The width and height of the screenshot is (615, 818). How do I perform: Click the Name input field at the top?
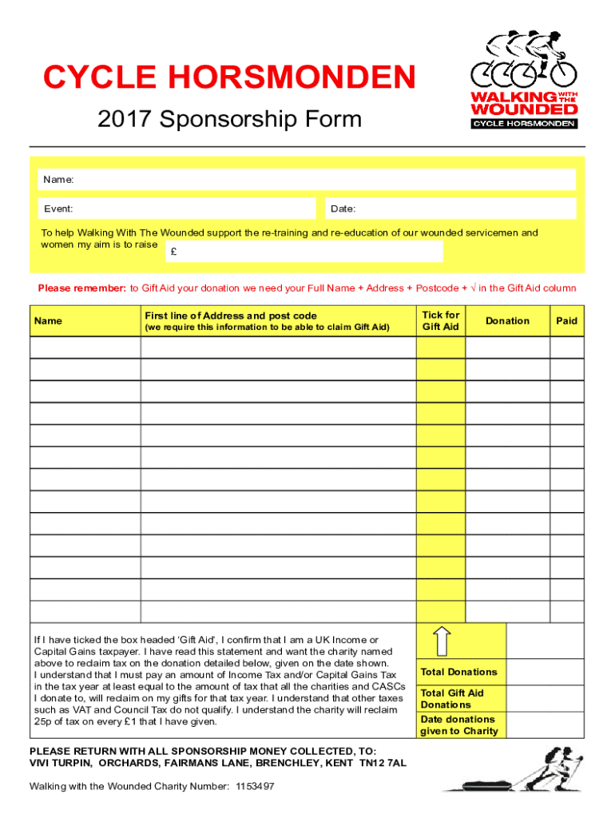(x=319, y=181)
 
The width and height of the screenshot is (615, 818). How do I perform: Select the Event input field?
(x=179, y=208)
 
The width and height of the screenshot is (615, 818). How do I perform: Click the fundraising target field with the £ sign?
(x=304, y=252)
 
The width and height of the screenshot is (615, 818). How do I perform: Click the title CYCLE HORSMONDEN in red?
(x=229, y=78)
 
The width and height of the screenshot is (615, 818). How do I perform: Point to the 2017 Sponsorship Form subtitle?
(x=229, y=120)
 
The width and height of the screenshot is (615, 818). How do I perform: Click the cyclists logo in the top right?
(x=523, y=80)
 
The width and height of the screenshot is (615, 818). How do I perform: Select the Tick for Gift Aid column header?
(x=440, y=320)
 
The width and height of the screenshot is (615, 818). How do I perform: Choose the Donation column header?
(x=507, y=320)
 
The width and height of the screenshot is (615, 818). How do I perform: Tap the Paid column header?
(x=567, y=320)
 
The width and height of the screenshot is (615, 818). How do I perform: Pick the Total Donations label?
(x=458, y=672)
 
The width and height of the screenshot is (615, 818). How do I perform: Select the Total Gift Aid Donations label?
(x=452, y=698)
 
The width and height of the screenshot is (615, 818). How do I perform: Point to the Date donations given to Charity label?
(x=458, y=725)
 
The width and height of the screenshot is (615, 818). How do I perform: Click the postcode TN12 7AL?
(x=384, y=763)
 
